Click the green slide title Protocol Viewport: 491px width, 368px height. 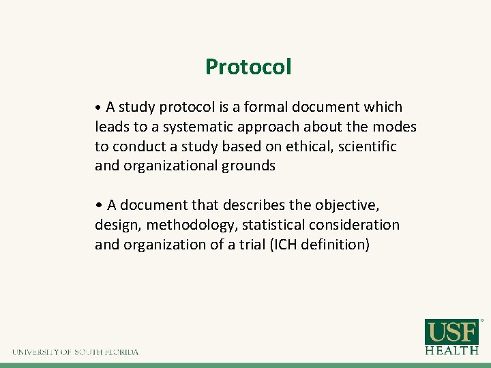[x=248, y=67]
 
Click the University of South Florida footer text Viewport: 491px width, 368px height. [x=75, y=352]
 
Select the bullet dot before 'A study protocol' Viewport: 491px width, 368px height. [x=99, y=108]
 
